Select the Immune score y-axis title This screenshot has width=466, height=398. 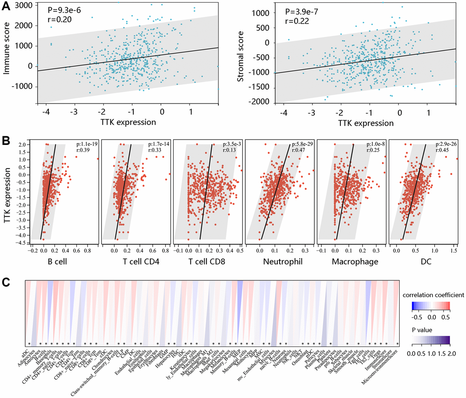[8, 50]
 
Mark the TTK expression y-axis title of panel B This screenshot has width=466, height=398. [8, 192]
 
